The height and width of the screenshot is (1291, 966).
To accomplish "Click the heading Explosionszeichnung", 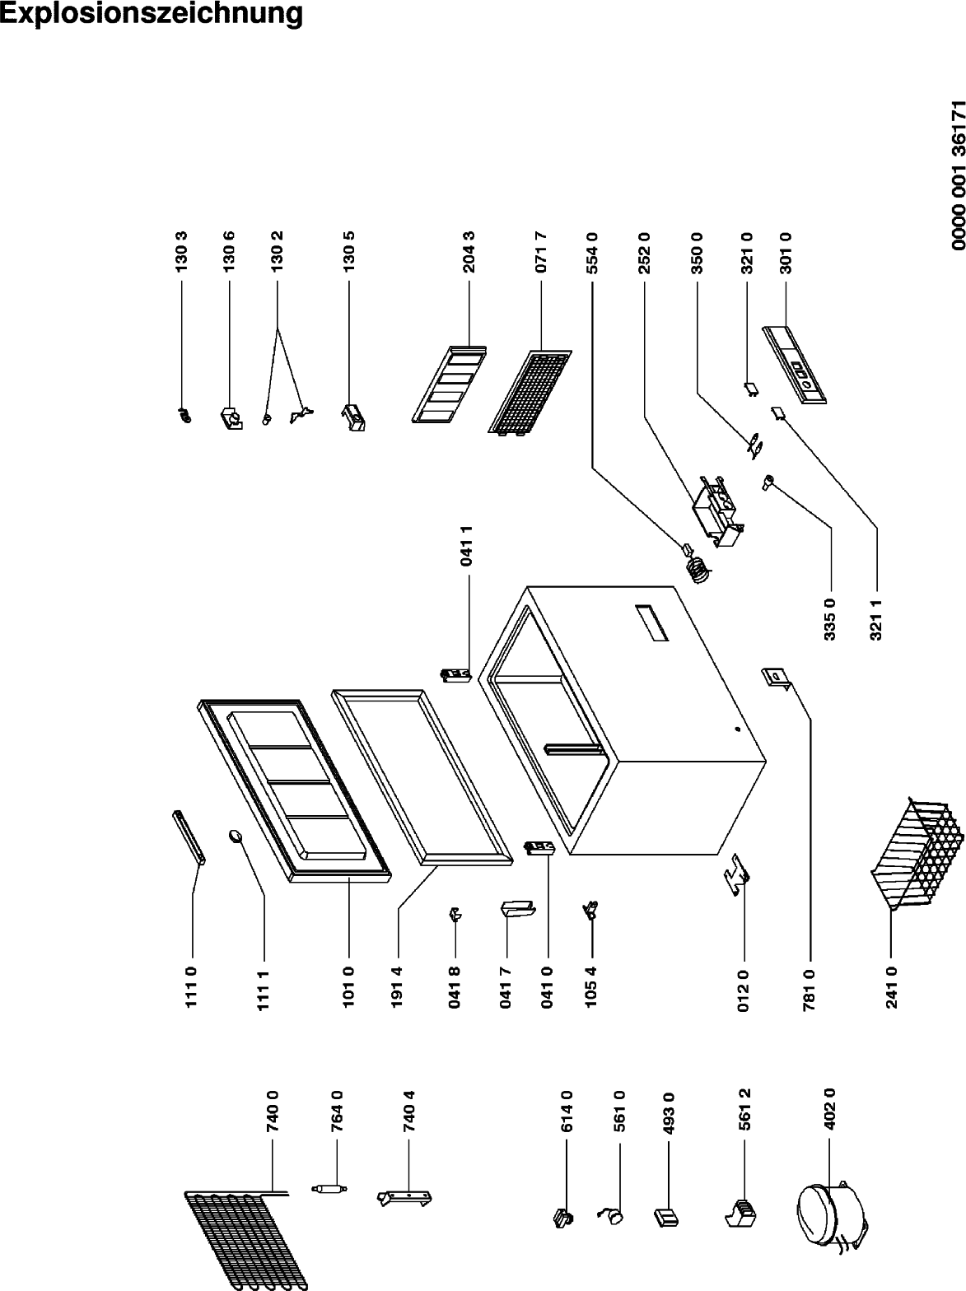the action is (152, 14).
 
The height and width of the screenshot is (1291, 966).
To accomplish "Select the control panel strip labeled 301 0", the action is (795, 365).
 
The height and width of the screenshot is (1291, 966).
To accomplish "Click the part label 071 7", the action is (541, 252).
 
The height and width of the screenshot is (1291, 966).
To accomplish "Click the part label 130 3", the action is (181, 252).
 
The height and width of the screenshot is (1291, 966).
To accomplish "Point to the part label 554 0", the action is (591, 252).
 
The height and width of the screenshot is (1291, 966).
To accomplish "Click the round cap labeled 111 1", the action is (235, 835).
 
